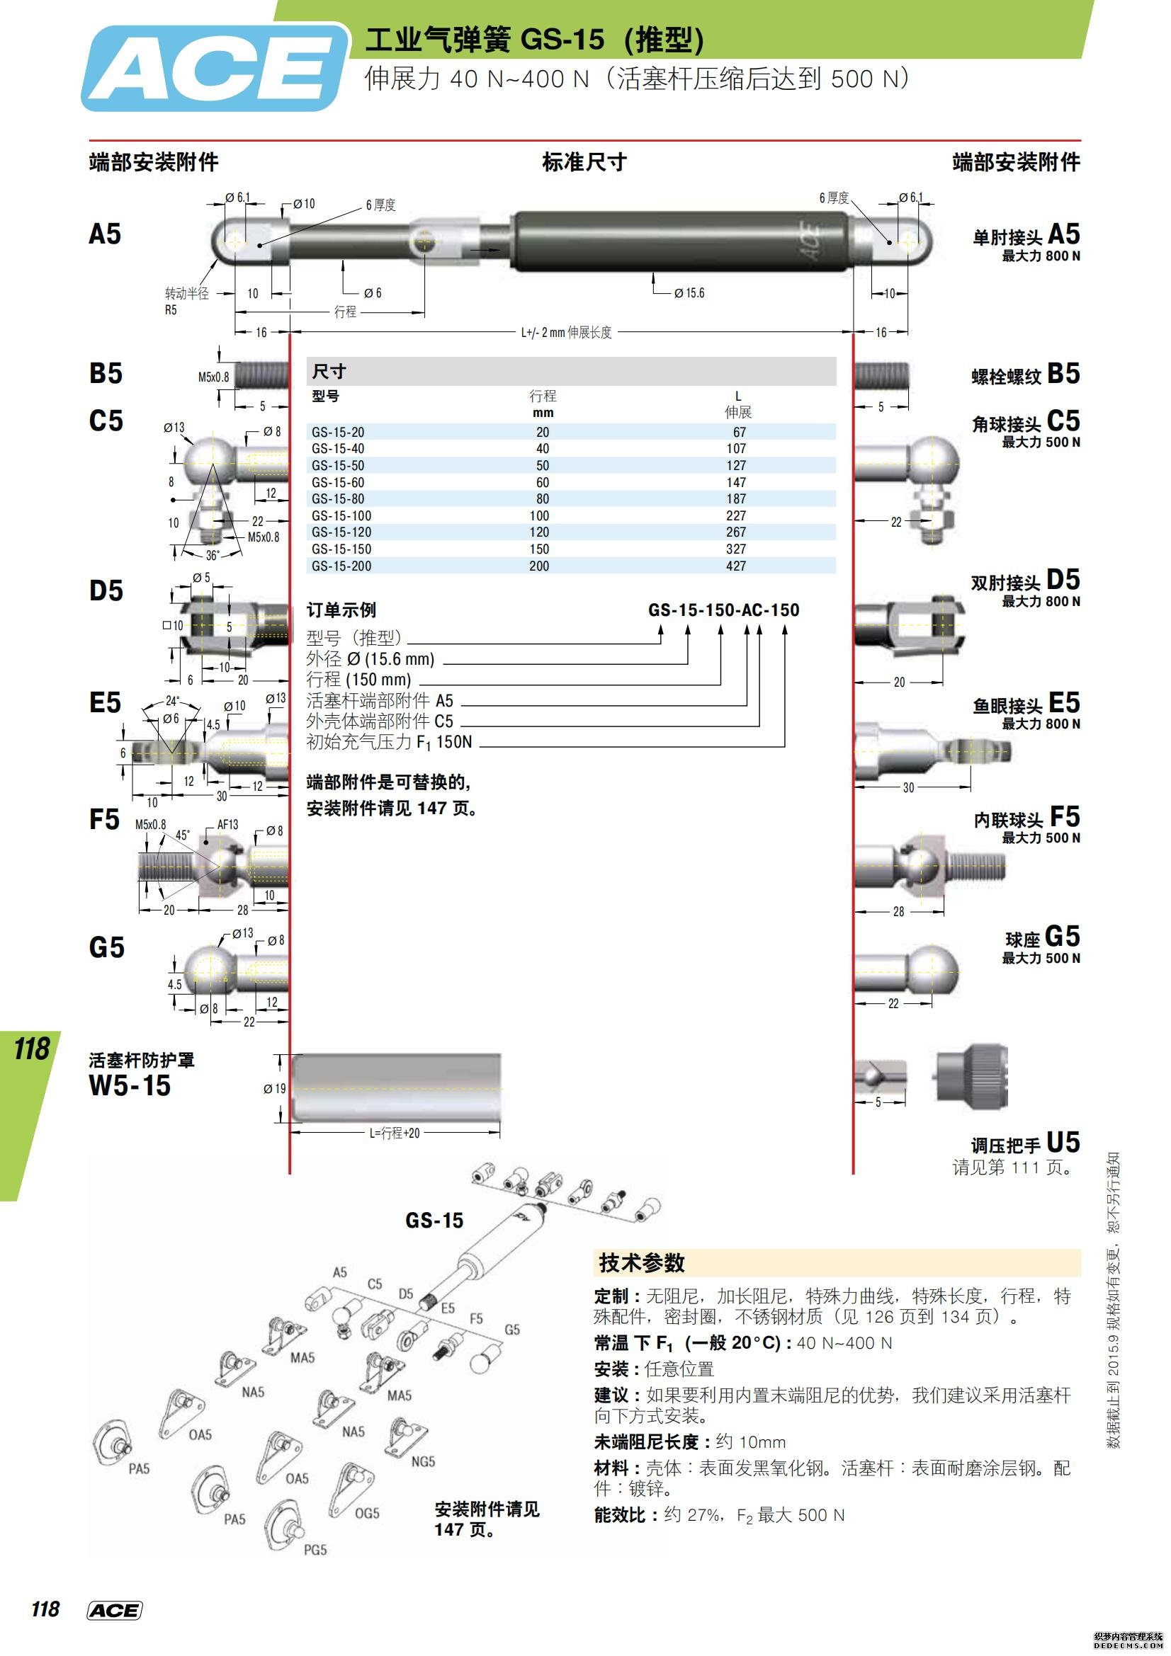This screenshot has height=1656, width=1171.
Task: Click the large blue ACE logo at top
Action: coord(215,69)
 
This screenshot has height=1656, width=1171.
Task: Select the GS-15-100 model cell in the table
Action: coord(341,515)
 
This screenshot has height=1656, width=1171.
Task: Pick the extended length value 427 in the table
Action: coord(735,566)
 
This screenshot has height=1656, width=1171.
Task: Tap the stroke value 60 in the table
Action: coord(542,483)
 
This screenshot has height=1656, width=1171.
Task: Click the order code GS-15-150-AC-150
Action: coord(723,610)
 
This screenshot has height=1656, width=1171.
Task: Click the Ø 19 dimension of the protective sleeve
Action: coord(275,1088)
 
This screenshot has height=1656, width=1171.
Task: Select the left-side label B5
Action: coord(106,374)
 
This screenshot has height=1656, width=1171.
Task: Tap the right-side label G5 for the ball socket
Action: coord(1061,937)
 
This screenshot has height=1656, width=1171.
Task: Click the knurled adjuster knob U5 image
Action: coord(971,1075)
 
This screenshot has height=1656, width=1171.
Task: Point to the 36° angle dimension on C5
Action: coord(212,555)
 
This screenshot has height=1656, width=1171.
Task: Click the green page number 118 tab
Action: coord(31,1049)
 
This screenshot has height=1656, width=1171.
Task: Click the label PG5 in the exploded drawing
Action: coord(315,1549)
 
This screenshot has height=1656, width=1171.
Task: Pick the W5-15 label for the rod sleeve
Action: coord(130,1085)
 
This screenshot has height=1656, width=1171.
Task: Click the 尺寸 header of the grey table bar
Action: coord(329,372)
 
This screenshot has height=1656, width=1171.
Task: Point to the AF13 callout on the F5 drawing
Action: coord(227,824)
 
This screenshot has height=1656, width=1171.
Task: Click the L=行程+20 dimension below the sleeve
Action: coord(394,1133)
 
